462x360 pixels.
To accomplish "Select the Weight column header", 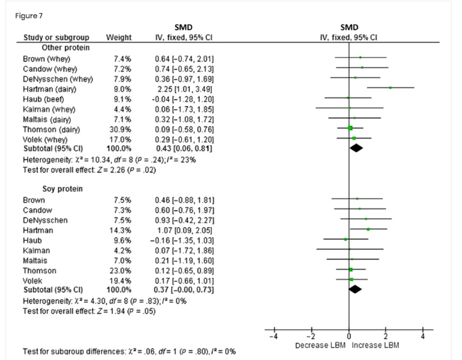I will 119,38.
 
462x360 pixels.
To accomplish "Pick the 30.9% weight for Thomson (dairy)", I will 121,127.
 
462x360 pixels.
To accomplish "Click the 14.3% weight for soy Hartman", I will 121,229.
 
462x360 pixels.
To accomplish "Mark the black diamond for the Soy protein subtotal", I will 355,289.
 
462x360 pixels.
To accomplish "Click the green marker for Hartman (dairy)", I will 391,87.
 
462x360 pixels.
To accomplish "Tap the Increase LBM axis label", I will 376,346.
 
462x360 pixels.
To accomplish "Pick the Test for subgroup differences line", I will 128,351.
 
